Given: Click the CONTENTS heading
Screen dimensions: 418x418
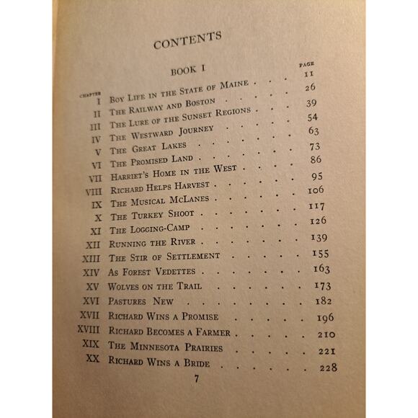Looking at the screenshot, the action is click(187, 43).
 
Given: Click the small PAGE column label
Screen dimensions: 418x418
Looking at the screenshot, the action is click(306, 65).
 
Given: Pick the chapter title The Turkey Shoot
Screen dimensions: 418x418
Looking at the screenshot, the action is click(151, 215).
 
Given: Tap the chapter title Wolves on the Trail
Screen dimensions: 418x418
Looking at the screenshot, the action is click(156, 285).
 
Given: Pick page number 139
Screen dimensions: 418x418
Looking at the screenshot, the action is click(318, 237).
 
